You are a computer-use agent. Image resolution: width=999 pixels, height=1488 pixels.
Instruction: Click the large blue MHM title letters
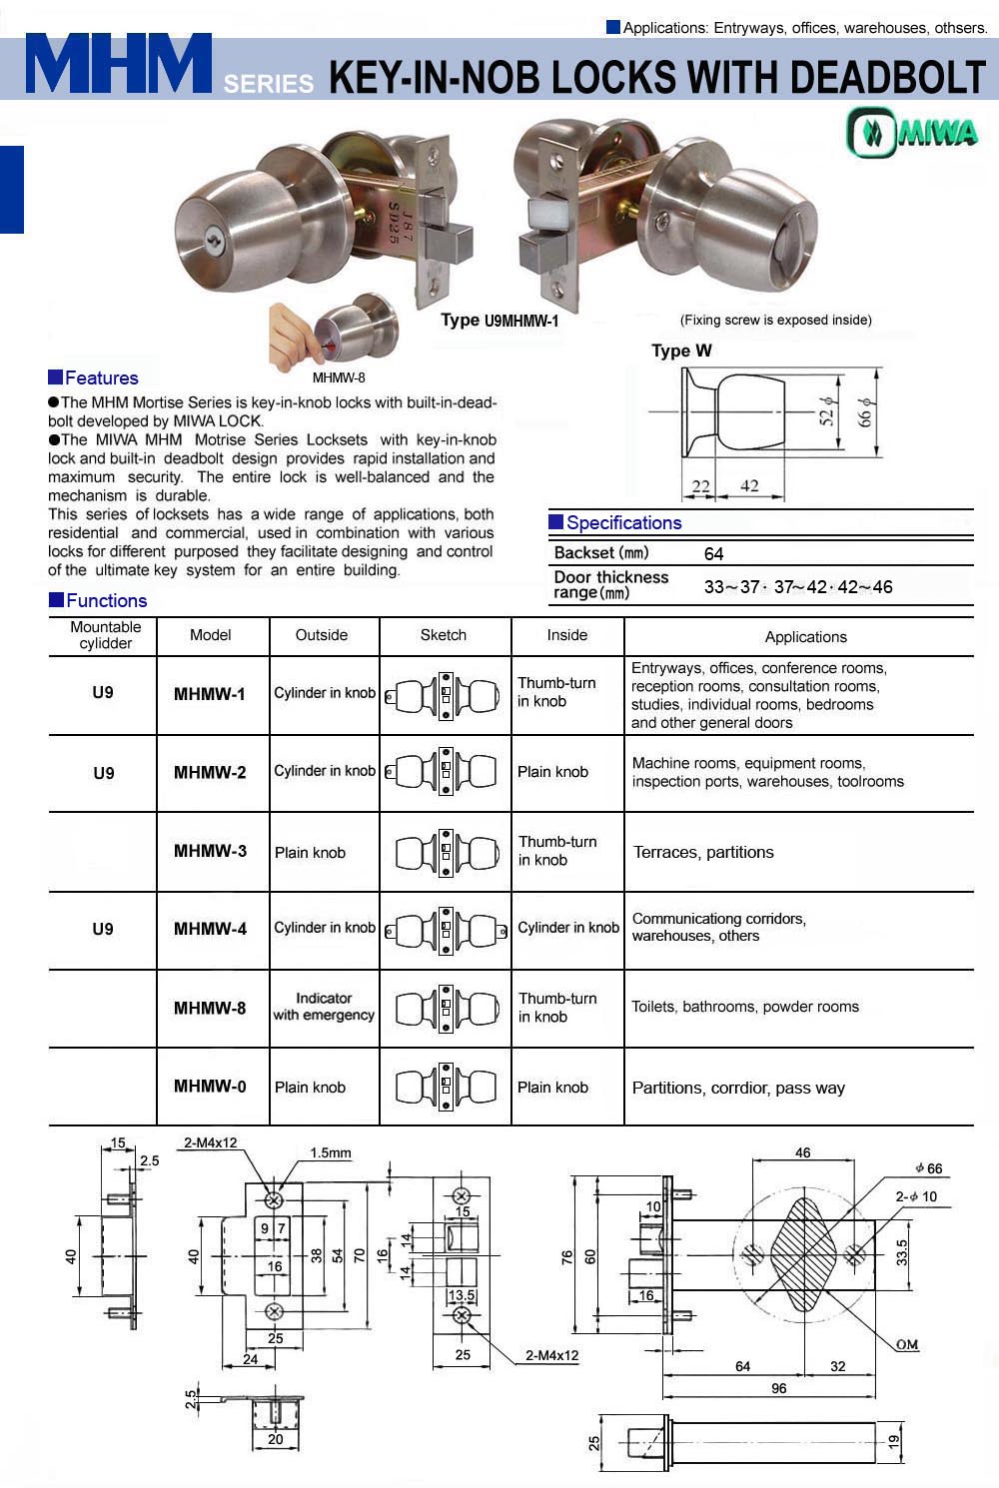tap(118, 65)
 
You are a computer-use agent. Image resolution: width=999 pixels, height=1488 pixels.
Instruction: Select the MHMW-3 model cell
tap(210, 851)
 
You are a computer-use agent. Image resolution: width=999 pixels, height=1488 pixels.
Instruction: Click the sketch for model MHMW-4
tap(445, 931)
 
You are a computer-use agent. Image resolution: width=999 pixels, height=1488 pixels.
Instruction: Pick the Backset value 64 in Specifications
tap(713, 553)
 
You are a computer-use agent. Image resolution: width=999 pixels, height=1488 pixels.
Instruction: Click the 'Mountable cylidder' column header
tap(105, 635)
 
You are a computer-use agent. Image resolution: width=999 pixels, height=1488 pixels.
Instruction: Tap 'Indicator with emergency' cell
tap(324, 1007)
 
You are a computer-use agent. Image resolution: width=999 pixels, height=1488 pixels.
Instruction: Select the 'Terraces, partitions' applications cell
tap(703, 852)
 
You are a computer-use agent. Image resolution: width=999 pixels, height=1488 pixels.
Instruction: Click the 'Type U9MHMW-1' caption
tap(499, 320)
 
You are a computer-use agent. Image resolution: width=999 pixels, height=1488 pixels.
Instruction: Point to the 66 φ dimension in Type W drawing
tap(865, 411)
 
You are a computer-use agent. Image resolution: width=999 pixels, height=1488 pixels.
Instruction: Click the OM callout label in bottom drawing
tap(906, 1344)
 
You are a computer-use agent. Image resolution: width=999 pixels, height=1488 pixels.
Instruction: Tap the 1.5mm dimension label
tap(330, 1152)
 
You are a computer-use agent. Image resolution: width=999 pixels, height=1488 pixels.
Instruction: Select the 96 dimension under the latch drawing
tap(778, 1388)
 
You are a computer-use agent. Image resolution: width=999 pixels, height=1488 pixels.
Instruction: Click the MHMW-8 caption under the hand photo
tap(339, 377)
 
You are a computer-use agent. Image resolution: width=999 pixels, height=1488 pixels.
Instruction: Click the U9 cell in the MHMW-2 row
tap(104, 773)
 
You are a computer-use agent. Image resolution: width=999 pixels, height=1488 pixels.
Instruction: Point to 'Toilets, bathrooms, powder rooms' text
tap(745, 1007)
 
